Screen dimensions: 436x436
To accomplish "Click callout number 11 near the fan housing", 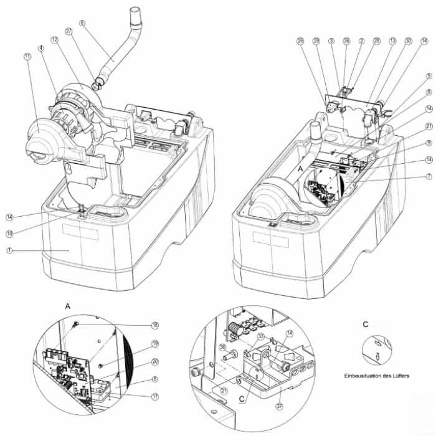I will [x=27, y=57].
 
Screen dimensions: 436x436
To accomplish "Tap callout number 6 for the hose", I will [x=82, y=24].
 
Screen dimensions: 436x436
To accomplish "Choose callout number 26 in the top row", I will [x=301, y=42].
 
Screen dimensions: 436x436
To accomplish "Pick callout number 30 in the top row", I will [x=407, y=42].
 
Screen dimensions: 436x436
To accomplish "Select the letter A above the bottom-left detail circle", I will [x=67, y=306].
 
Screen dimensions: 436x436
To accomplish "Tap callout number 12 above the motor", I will [x=55, y=39].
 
